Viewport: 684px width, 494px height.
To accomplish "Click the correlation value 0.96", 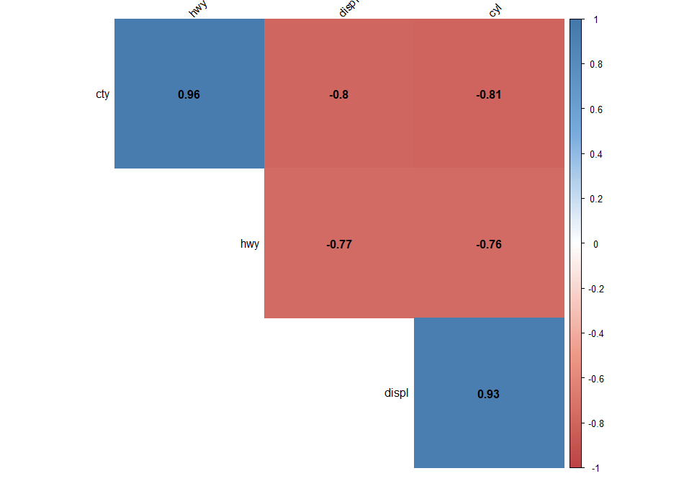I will click(189, 94).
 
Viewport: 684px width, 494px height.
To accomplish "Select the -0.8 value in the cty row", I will click(338, 94).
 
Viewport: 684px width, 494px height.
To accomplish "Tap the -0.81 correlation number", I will click(489, 94).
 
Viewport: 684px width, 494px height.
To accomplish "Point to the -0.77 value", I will click(338, 244).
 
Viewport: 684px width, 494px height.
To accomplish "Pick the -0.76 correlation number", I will click(489, 244).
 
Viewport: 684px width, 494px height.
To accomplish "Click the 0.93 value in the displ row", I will click(489, 394).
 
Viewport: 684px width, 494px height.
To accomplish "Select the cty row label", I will click(102, 94).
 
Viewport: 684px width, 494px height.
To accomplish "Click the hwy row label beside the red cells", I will click(249, 243).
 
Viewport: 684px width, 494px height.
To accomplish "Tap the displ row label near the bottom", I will click(396, 393).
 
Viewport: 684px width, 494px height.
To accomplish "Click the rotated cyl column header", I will click(495, 10).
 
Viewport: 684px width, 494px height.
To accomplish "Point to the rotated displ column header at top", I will click(347, 9).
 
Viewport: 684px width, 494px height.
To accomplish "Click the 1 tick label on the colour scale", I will click(595, 20).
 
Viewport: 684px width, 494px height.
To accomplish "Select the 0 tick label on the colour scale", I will click(595, 244).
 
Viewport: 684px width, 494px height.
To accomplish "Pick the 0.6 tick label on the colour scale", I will click(597, 109).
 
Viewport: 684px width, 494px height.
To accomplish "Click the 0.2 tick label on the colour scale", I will click(597, 199).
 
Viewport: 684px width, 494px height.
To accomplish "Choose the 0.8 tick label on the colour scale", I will click(597, 65).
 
